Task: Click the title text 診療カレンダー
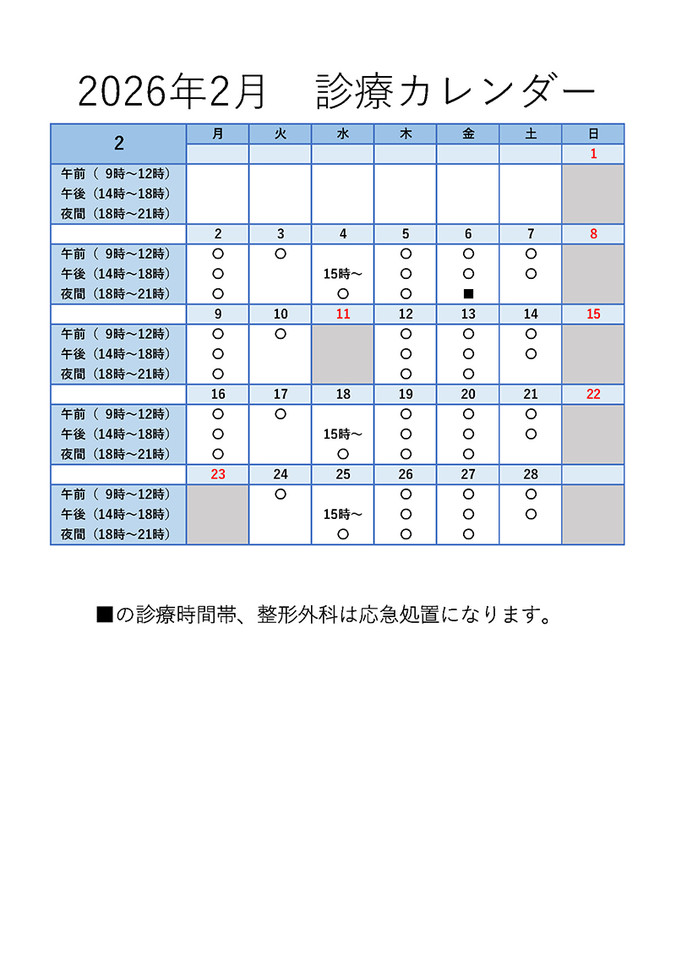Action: point(456,91)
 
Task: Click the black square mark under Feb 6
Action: point(468,294)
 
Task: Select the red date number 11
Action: point(343,314)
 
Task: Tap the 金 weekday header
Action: point(468,134)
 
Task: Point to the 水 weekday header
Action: point(343,134)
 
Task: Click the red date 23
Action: point(218,474)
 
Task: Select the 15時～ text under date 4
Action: point(343,274)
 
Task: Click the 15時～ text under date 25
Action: point(343,514)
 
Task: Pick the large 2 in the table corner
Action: point(118,144)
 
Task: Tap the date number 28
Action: point(531,474)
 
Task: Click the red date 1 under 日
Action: point(593,154)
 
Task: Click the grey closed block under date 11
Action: point(343,354)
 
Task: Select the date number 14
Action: point(531,314)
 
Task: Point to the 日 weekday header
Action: point(593,134)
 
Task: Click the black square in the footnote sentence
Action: point(105,615)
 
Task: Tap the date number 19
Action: point(406,394)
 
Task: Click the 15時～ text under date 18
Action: point(343,434)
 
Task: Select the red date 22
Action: point(593,394)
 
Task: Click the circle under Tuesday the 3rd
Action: point(281,253)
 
